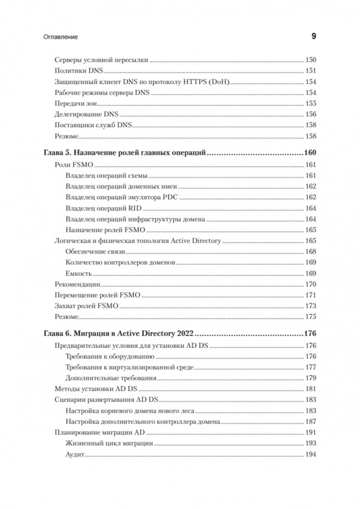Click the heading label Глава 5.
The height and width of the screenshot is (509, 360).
tap(57, 153)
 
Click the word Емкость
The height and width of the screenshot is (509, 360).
tap(78, 274)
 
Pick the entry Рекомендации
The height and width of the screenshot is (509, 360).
tap(76, 285)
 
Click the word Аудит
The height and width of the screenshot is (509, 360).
tap(75, 455)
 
